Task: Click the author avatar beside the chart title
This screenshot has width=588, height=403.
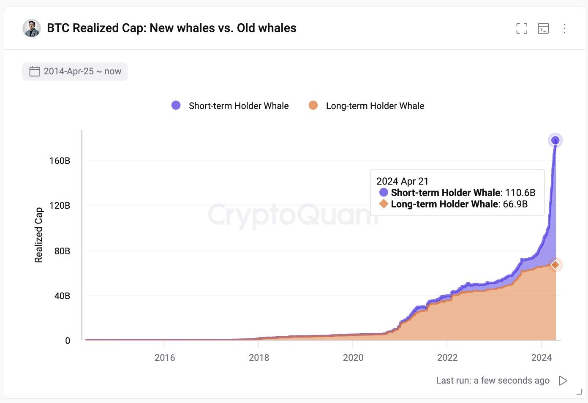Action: click(32, 28)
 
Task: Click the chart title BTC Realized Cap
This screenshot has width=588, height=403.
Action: click(171, 28)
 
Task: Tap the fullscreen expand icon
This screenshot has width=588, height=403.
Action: click(522, 28)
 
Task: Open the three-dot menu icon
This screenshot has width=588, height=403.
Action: click(564, 28)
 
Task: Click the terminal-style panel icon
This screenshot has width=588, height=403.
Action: click(543, 28)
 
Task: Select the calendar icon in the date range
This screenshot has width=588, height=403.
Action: click(35, 71)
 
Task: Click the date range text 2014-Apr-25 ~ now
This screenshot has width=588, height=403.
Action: click(82, 71)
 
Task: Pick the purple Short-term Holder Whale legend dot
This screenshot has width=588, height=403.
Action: click(176, 106)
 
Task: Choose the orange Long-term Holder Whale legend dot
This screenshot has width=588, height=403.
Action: click(313, 106)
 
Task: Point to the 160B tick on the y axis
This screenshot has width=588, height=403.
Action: click(60, 161)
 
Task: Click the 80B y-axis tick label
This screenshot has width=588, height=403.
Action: click(62, 251)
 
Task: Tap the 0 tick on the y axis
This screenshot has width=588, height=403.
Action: click(68, 341)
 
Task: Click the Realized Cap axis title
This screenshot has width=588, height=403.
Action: click(38, 235)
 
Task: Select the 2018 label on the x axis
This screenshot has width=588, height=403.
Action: click(259, 358)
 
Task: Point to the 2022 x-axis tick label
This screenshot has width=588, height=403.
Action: click(447, 358)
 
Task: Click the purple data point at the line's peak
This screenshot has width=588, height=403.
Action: click(555, 140)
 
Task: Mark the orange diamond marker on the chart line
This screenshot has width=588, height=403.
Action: click(555, 265)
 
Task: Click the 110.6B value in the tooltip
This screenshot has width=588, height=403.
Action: click(520, 193)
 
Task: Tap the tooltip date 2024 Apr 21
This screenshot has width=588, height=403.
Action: click(403, 181)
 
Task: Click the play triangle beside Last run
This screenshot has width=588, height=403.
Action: click(563, 381)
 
